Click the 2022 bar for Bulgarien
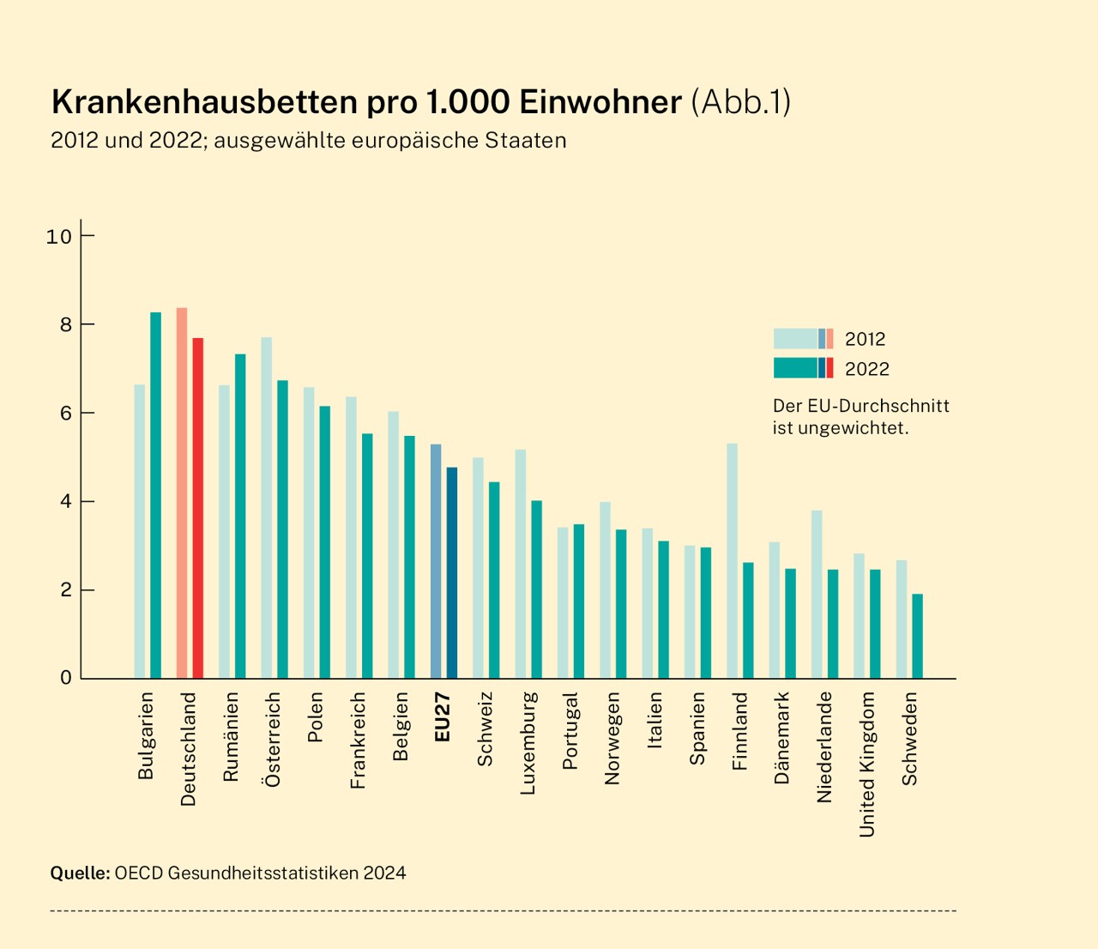point(156,495)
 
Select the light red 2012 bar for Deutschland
point(182,493)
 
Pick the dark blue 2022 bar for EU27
point(452,572)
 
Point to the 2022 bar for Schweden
point(918,636)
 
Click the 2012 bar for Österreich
point(266,507)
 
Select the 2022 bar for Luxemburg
point(537,589)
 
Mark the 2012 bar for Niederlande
point(817,594)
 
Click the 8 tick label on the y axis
point(65,324)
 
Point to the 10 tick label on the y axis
point(58,236)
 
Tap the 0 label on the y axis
point(66,678)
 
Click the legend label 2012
point(865,339)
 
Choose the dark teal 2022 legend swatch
point(795,368)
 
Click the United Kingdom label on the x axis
point(867,765)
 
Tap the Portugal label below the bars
point(570,731)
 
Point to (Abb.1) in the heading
point(741,102)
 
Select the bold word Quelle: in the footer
point(80,873)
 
